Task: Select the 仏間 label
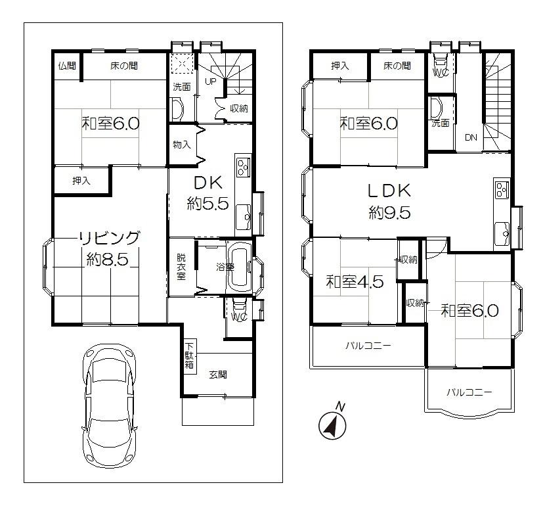(66, 66)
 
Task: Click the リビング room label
(110, 238)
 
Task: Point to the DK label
(207, 182)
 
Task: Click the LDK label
(389, 191)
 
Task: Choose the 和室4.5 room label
(355, 283)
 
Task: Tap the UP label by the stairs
(211, 82)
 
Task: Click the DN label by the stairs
(471, 137)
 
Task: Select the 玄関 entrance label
(218, 375)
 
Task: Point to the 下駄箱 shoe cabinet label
(189, 356)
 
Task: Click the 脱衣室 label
(181, 267)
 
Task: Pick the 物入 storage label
(181, 145)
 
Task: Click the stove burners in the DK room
(243, 168)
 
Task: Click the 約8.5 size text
(107, 260)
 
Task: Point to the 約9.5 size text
(389, 212)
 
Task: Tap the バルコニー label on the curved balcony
(469, 392)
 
